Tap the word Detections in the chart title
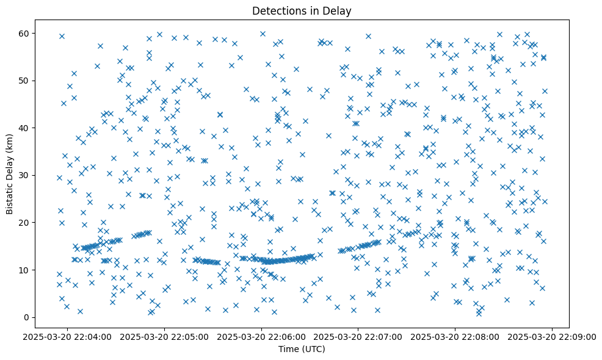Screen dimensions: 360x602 283,10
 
